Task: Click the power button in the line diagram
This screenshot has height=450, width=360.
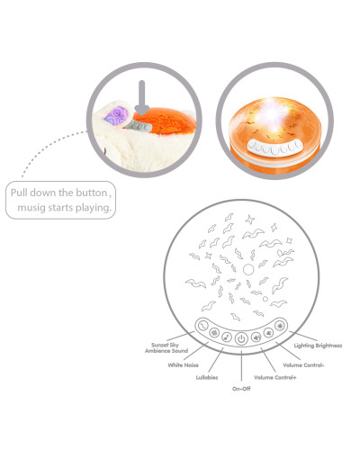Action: coord(241,338)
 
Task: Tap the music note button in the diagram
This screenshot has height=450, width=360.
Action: coord(227,337)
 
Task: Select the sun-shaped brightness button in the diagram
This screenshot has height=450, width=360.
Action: coord(280,326)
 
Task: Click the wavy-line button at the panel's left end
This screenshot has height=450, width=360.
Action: coord(203,326)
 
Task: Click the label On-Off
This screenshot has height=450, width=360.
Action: coord(241,389)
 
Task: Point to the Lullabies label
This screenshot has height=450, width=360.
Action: coord(207,377)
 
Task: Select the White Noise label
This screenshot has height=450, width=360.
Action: coord(183,365)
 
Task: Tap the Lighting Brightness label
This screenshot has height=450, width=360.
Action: coord(318,346)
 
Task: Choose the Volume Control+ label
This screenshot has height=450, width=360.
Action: coord(275,377)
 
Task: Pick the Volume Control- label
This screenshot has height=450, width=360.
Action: coord(303,365)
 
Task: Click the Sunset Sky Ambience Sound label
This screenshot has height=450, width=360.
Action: coord(166,347)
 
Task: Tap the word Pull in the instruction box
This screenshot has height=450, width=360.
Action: coord(19,193)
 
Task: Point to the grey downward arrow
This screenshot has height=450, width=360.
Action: coord(142,97)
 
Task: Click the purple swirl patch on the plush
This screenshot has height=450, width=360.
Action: coord(116,115)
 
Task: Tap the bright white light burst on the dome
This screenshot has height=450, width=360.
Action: coord(274,114)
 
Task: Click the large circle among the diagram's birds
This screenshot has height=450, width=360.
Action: coord(248,270)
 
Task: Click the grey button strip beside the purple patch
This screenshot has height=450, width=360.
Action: coord(139,125)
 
